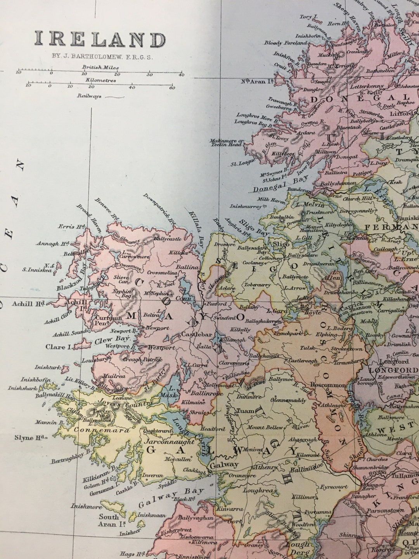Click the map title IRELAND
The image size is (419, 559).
[x=100, y=40]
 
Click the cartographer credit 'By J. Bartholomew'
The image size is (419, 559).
[x=103, y=56]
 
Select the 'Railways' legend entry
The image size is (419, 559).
[x=89, y=95]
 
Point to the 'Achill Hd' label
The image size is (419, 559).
[x=29, y=304]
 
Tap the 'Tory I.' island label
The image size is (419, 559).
[x=309, y=17]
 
